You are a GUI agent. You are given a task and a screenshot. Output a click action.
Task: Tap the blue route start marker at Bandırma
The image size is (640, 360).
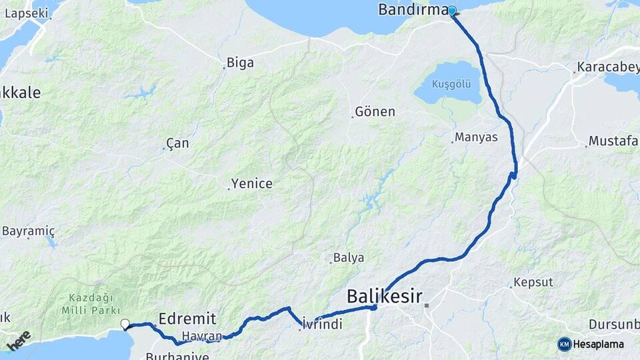(x=452, y=11)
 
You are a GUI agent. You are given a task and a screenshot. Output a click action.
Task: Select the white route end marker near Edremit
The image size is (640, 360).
(x=125, y=324)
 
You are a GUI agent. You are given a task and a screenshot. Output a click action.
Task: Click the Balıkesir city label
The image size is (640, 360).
(x=385, y=297)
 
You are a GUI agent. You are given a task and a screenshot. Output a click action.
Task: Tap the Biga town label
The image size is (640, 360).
(x=240, y=63)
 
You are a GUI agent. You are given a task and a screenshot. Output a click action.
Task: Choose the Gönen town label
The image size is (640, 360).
(x=375, y=111)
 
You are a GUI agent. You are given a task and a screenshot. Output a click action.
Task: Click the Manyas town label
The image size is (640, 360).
(x=476, y=137)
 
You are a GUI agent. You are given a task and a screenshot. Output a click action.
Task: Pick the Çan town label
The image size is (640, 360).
(x=177, y=143)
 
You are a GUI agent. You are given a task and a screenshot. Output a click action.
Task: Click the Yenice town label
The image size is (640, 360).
(x=251, y=183)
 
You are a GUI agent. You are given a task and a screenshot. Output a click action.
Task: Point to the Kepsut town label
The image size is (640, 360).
(x=533, y=282)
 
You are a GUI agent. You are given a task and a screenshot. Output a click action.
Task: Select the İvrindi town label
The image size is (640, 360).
(x=322, y=324)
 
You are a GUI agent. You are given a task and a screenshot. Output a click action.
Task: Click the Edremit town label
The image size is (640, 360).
(x=187, y=317)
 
